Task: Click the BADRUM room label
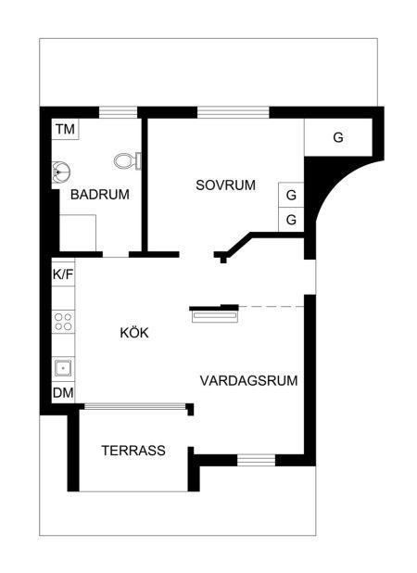coord(100,195)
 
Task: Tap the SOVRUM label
coord(226,185)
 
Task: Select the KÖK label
coord(134,333)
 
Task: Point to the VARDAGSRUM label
coord(248,381)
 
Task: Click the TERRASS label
coord(133,451)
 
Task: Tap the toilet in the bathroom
coord(128,160)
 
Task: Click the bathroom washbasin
coord(60,172)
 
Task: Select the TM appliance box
coord(66,129)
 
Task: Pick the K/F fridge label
coord(63,274)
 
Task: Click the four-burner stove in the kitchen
coord(63,322)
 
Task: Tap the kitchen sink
coord(63,368)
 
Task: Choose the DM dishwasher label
coord(63,393)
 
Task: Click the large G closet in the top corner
coord(338,137)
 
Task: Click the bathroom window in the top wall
coord(118,112)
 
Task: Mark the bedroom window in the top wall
coord(234,112)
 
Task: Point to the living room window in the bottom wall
coord(257,460)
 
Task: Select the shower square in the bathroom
coord(78,233)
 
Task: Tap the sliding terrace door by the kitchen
coord(135,406)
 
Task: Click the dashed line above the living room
coord(272,306)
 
